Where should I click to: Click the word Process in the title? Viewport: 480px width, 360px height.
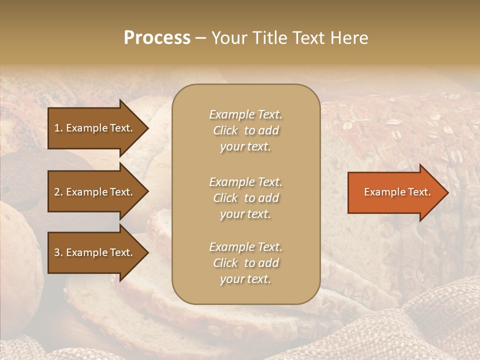coord(157,38)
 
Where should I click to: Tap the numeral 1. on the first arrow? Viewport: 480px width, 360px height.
coord(58,128)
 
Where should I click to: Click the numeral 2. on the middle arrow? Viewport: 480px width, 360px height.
coord(58,192)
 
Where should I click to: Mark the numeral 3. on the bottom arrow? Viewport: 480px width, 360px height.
coord(58,253)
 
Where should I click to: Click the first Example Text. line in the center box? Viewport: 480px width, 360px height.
coord(245,114)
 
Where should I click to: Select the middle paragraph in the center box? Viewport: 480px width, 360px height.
coord(245,198)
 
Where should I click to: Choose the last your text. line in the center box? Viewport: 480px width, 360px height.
coord(245,279)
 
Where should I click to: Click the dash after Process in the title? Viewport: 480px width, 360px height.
coord(200,38)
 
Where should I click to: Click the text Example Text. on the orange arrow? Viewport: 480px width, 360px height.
coord(397,192)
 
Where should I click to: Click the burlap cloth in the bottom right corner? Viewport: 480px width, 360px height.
coord(440,325)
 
